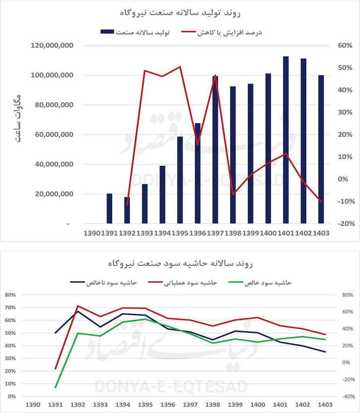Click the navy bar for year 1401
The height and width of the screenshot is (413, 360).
(286, 140)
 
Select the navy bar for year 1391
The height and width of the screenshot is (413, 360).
(109, 209)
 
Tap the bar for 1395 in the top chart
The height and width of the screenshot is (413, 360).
(180, 180)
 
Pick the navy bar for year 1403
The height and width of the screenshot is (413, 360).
(321, 149)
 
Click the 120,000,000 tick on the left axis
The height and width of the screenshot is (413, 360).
(52, 46)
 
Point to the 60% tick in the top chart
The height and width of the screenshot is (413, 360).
(334, 46)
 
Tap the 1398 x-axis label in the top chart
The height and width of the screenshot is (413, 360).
(233, 233)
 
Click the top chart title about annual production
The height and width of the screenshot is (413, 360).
(180, 13)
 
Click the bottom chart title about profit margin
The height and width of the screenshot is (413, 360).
(180, 264)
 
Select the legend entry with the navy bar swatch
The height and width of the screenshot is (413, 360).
(135, 32)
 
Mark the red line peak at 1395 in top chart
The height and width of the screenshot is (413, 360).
(180, 67)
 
